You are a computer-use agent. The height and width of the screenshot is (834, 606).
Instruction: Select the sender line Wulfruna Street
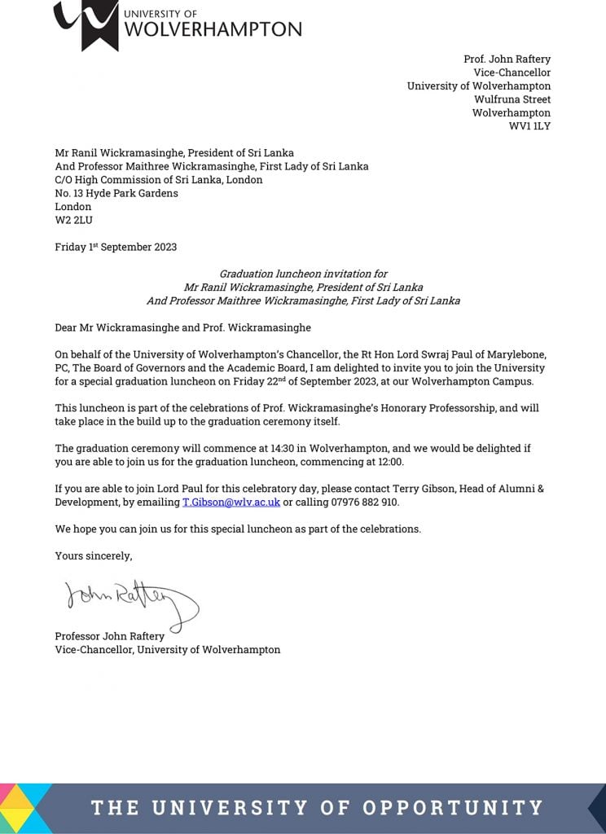[x=512, y=99]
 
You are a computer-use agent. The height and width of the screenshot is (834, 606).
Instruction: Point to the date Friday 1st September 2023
[x=116, y=247]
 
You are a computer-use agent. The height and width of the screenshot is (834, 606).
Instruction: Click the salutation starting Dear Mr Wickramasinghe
[x=182, y=328]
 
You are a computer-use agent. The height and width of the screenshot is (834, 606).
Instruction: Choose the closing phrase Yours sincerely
[x=93, y=555]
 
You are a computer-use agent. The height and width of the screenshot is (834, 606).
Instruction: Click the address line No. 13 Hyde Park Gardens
[x=116, y=193]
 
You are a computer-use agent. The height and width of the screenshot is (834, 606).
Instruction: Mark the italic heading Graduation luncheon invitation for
[x=303, y=274]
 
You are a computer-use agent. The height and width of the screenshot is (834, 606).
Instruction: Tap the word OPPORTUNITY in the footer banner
[x=453, y=808]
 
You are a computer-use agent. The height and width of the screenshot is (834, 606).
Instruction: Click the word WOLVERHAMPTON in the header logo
[x=213, y=30]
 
